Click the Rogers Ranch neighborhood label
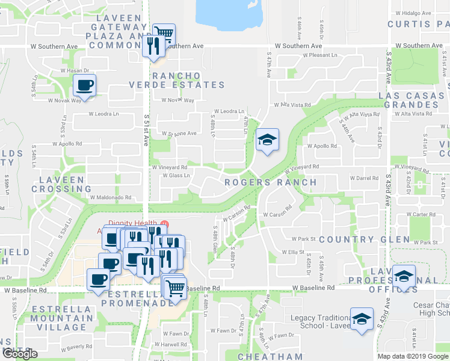(270, 182)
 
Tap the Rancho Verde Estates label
(176, 80)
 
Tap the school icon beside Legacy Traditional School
(362, 319)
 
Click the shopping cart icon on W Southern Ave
(163, 34)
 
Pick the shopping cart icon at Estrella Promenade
(175, 287)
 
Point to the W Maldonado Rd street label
(110, 197)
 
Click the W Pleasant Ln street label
(320, 55)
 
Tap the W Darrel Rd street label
(363, 178)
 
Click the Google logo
(20, 354)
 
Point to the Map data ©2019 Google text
(411, 356)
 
